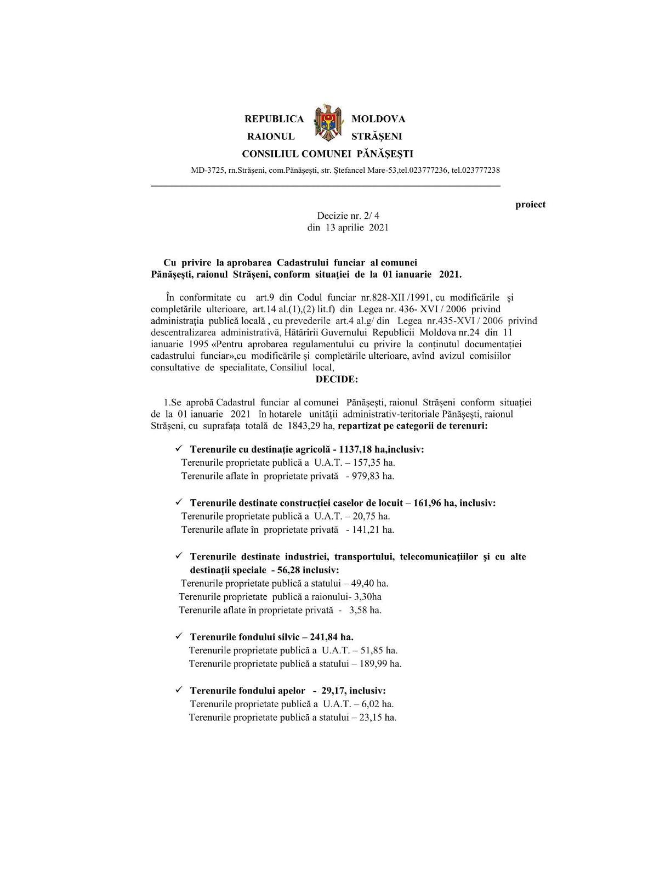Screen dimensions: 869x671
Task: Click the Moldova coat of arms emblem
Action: pos(328,123)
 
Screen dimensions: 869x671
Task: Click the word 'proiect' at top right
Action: pos(530,205)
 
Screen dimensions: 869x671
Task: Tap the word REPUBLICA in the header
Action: pos(274,119)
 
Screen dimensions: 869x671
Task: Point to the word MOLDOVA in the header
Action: pos(378,119)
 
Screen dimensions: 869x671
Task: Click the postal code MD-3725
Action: pos(208,170)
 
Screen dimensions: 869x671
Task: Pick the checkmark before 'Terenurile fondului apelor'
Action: pos(179,690)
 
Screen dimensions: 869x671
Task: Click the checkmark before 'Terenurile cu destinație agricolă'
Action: pos(179,449)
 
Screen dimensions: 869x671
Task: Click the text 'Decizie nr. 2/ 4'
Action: pos(348,216)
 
